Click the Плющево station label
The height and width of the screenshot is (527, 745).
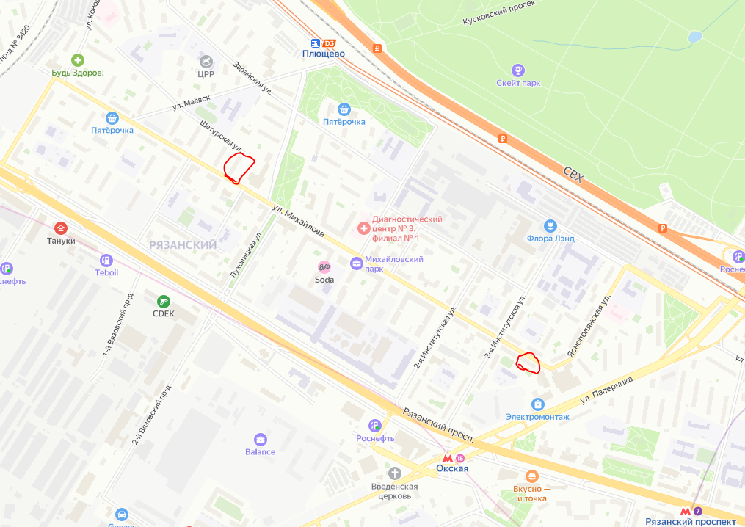324,54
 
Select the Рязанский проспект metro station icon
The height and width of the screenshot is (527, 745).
686,511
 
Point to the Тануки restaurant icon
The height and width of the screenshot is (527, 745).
61,228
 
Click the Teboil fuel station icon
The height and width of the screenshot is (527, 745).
106,260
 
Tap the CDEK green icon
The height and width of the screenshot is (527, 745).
164,301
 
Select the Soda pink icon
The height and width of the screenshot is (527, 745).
324,267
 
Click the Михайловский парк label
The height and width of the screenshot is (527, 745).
395,264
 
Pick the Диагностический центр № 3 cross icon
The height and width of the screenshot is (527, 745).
362,228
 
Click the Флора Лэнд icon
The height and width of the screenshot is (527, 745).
550,225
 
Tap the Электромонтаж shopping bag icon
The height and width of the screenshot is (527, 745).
537,404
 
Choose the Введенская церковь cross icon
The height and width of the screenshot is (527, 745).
395,473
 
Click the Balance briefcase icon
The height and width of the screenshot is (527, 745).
260,438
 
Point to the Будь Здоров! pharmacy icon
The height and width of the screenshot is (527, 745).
77,59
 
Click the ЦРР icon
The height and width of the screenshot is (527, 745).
206,60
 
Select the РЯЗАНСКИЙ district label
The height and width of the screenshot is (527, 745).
183,244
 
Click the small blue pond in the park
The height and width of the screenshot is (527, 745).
694,36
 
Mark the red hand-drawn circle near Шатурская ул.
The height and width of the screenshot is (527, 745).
238,168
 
